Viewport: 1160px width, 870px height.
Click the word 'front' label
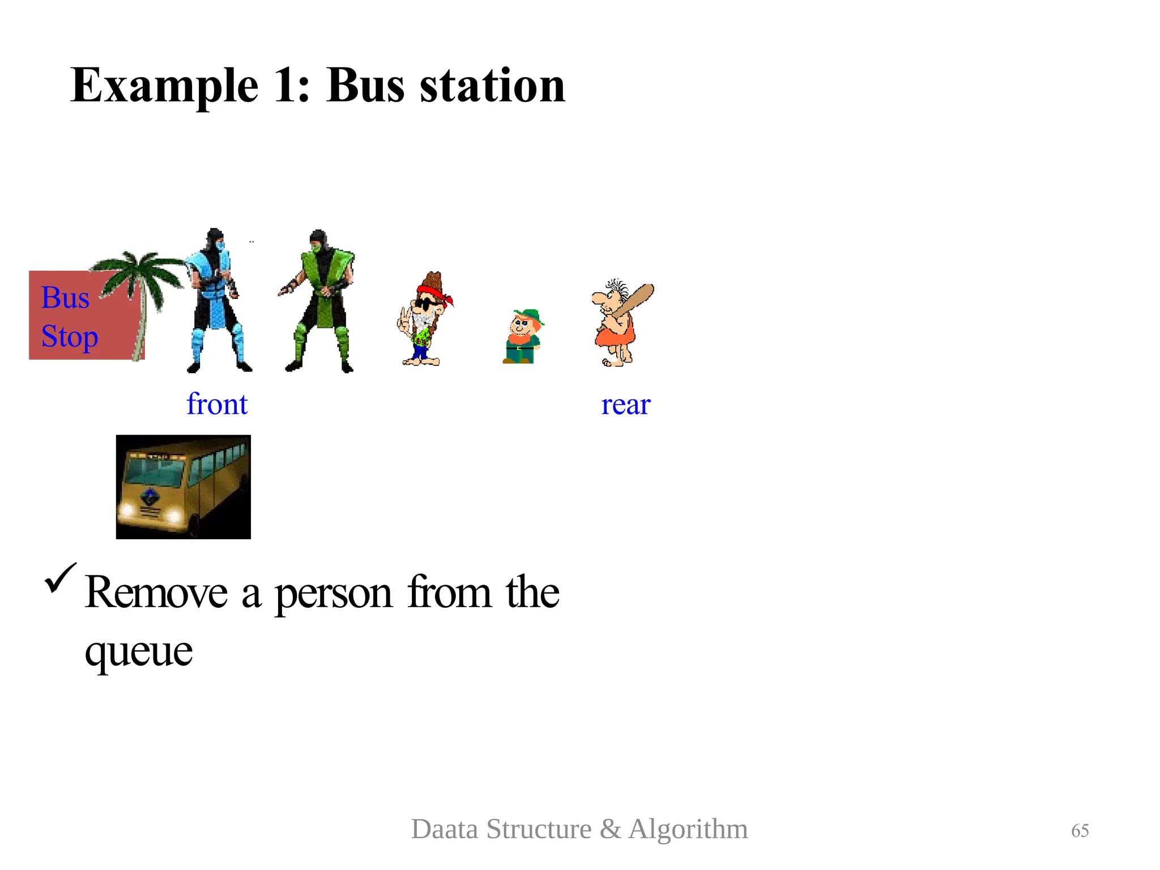pyautogui.click(x=217, y=404)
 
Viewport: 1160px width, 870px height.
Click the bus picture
pyautogui.click(x=183, y=487)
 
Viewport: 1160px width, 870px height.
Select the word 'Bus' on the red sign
pyautogui.click(x=65, y=298)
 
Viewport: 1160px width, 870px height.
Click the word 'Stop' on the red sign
pyautogui.click(x=70, y=336)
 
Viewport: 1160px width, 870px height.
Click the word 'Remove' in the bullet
pyautogui.click(x=156, y=592)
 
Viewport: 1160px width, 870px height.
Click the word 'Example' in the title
pyautogui.click(x=164, y=86)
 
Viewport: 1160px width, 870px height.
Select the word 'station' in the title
pyautogui.click(x=492, y=86)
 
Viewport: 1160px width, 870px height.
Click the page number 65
pyautogui.click(x=1080, y=830)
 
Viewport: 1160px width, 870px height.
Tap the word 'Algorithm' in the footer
pyautogui.click(x=688, y=829)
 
